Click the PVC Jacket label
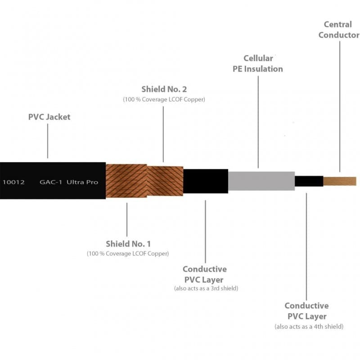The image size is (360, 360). [x=49, y=117]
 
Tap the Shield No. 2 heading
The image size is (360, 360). [x=164, y=89]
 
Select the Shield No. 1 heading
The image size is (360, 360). [x=128, y=244]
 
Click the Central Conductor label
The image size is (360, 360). [x=339, y=30]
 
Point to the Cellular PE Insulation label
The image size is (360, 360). [x=258, y=63]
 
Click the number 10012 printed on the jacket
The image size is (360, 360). [x=13, y=182]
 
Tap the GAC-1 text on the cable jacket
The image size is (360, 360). [x=51, y=182]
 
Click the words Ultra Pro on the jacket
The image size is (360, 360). [x=82, y=182]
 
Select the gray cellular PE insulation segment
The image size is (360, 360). [x=261, y=181]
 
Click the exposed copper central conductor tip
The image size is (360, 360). [x=340, y=181]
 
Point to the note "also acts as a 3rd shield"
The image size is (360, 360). [x=206, y=288]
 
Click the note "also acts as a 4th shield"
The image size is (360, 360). [x=309, y=327]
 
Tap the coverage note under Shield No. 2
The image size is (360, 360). [x=164, y=99]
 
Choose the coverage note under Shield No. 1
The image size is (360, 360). [x=128, y=253]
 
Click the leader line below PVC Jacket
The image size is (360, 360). [x=48, y=141]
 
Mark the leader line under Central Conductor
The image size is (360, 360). [x=340, y=107]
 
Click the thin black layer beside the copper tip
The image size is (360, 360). [x=309, y=181]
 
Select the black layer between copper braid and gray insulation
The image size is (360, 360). [x=206, y=181]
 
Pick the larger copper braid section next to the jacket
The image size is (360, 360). [x=126, y=181]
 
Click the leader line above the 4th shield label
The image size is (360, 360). [x=306, y=247]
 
